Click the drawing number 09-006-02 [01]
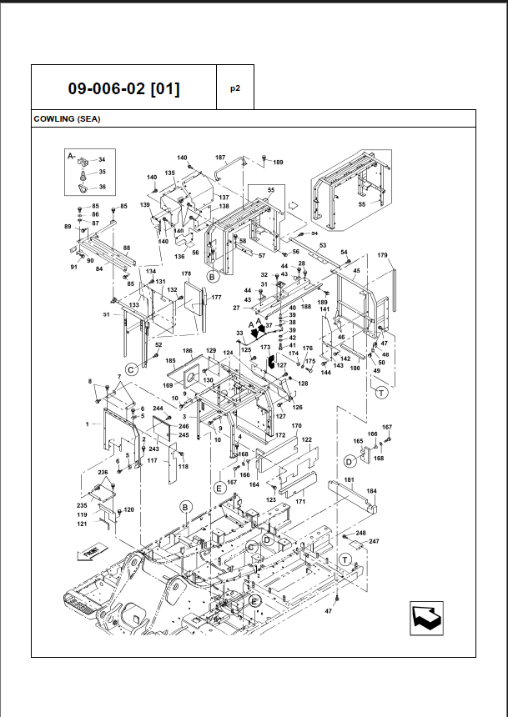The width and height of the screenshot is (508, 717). [123, 88]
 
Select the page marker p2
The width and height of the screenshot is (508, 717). [235, 88]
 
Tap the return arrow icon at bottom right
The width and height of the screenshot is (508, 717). [425, 618]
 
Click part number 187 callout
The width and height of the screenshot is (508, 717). [220, 158]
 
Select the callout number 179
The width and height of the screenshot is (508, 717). [383, 255]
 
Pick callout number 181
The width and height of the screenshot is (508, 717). [349, 480]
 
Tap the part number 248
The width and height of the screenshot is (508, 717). [360, 533]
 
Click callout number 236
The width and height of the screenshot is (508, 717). [103, 473]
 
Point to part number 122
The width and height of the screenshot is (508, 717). [306, 439]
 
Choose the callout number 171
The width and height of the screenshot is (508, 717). [300, 502]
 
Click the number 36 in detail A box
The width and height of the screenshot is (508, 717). [102, 187]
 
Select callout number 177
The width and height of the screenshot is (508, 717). [216, 298]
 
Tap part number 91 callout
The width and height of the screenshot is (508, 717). [73, 267]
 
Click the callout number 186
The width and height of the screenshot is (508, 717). [188, 351]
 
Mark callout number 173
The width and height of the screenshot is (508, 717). [265, 347]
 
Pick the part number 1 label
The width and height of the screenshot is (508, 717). [87, 424]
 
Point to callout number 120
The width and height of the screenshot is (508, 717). [128, 509]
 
